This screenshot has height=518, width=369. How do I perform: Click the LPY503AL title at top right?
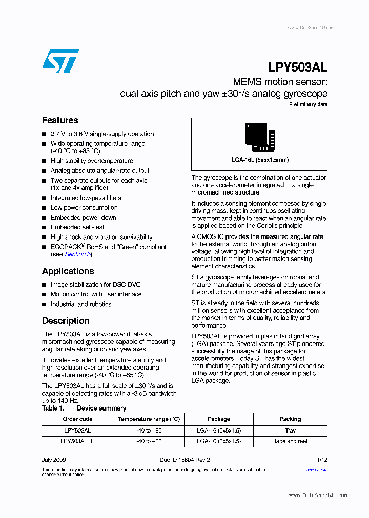click(x=297, y=67)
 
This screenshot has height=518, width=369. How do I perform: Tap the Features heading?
click(x=60, y=120)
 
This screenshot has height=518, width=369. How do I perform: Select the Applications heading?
click(x=68, y=271)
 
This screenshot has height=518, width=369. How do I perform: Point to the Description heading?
click(x=66, y=321)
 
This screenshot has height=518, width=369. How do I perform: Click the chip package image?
click(x=260, y=138)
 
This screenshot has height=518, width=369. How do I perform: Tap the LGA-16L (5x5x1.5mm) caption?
click(x=260, y=160)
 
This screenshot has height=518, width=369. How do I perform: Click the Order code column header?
click(x=77, y=419)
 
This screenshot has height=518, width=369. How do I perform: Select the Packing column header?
click(x=290, y=419)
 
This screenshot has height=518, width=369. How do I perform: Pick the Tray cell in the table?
click(x=290, y=431)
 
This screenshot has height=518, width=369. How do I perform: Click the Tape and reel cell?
click(x=290, y=441)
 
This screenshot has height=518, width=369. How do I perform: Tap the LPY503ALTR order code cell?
click(x=77, y=441)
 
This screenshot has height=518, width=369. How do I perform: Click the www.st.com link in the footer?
click(x=316, y=469)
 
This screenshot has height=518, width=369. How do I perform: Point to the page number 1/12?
click(x=322, y=460)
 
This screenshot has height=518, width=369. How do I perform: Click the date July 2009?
click(x=54, y=460)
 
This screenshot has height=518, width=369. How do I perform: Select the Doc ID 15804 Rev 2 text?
click(x=184, y=460)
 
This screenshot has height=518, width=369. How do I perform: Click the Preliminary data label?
click(x=308, y=104)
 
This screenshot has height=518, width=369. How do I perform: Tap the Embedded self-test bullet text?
click(x=77, y=227)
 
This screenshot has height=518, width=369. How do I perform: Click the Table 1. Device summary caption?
click(x=84, y=408)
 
